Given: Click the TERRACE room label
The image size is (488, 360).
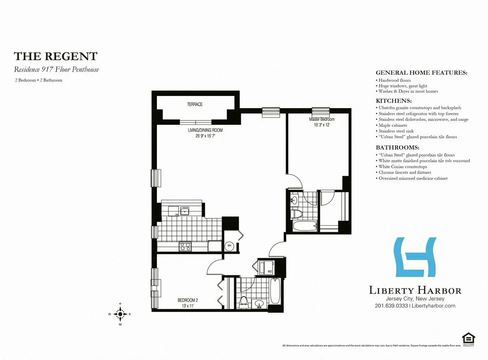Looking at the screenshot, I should pos(195,105).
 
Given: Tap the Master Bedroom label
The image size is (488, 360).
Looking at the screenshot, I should pos(322,119).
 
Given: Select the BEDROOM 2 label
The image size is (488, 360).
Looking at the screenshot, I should pos(187,300).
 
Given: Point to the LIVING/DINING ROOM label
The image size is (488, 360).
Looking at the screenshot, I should pos(205,130).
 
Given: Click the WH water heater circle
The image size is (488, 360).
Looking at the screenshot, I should pos(229,246).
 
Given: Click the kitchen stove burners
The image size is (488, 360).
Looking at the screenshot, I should pos(185,246).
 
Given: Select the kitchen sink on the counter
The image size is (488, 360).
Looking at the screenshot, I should pos(185,210).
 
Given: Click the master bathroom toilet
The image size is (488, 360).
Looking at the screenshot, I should pos(296,214).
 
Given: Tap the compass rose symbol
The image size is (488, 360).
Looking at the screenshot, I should pos(120,314).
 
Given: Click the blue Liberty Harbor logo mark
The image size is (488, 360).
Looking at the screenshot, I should pos(415,259).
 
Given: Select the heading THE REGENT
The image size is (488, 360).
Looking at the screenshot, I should pos(56,56).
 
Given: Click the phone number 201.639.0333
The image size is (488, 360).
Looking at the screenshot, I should pos(392,305).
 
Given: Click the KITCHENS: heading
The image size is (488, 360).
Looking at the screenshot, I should pos(394,101).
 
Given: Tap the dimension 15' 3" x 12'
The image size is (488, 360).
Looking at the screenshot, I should pos(321,124).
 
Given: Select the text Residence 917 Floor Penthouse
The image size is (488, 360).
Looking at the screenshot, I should pos(57,70).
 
